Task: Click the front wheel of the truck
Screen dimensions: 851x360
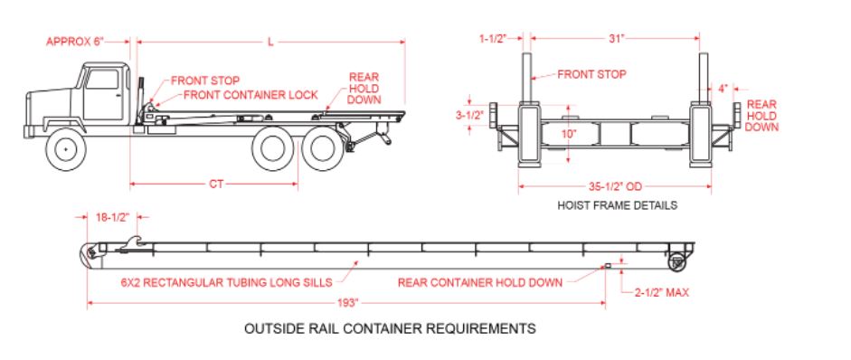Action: pyautogui.click(x=66, y=148)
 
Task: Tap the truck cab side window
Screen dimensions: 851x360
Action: pyautogui.click(x=102, y=79)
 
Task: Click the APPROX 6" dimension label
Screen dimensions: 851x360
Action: pyautogui.click(x=75, y=42)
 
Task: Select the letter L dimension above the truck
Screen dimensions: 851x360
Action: pyautogui.click(x=270, y=43)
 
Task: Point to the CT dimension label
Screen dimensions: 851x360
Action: pyautogui.click(x=216, y=185)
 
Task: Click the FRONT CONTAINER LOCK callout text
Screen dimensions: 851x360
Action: pyautogui.click(x=251, y=95)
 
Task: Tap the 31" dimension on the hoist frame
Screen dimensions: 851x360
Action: pyautogui.click(x=616, y=38)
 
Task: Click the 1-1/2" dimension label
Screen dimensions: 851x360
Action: pyautogui.click(x=493, y=38)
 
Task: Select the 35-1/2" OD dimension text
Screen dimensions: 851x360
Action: pyautogui.click(x=616, y=187)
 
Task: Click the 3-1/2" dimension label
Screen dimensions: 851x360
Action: pyautogui.click(x=469, y=115)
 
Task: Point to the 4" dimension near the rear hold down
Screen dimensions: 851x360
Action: pyautogui.click(x=723, y=89)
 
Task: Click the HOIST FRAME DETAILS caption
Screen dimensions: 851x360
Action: pyautogui.click(x=617, y=205)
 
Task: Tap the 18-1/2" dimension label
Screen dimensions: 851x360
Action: pyautogui.click(x=112, y=217)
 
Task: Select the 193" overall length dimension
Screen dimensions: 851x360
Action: pyautogui.click(x=348, y=303)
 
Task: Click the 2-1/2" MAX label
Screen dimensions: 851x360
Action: pyautogui.click(x=662, y=293)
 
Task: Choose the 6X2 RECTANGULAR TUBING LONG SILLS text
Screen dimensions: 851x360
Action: pyautogui.click(x=226, y=282)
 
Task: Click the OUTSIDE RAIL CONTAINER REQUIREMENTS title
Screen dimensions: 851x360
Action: pyautogui.click(x=390, y=328)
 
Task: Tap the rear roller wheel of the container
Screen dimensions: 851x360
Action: pyautogui.click(x=676, y=262)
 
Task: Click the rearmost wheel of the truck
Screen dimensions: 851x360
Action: pyautogui.click(x=323, y=148)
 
